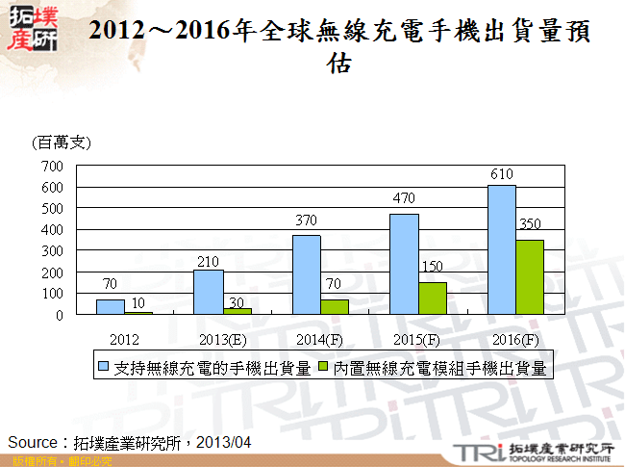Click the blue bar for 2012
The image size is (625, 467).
click(x=110, y=307)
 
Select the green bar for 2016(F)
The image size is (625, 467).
click(x=529, y=277)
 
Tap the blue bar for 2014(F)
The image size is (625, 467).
click(x=306, y=274)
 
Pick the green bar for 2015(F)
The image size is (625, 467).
click(x=432, y=298)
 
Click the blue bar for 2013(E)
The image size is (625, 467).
click(x=208, y=292)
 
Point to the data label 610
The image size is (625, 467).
click(x=501, y=174)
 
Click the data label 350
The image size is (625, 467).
click(x=530, y=224)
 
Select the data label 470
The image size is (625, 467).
click(x=403, y=198)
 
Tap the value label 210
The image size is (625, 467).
click(x=208, y=260)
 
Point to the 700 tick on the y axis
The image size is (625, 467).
click(x=51, y=166)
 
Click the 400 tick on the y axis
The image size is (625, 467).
click(x=51, y=229)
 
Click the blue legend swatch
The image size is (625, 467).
click(x=105, y=367)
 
